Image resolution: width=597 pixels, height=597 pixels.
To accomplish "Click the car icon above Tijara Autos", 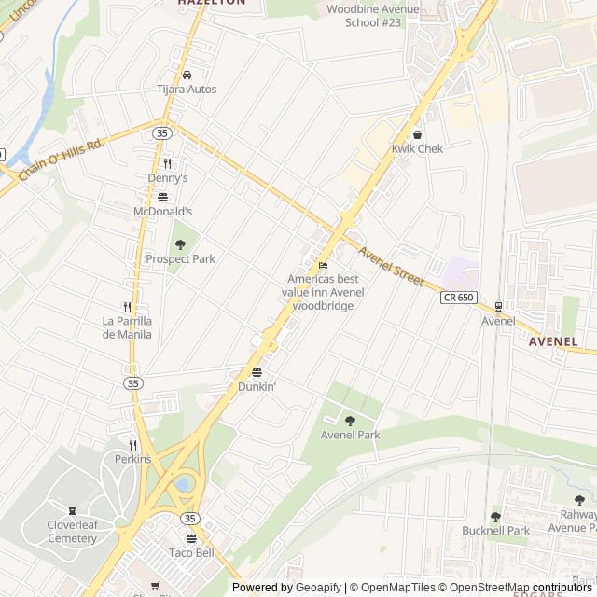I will click(187, 75).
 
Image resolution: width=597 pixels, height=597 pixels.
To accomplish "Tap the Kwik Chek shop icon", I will click(417, 134).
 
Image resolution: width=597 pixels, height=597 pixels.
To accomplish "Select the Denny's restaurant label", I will click(168, 177).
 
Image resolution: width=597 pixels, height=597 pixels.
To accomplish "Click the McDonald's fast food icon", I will click(162, 197).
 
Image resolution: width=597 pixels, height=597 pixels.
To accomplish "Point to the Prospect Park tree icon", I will click(180, 243).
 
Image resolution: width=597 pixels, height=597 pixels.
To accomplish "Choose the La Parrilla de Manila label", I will click(127, 327).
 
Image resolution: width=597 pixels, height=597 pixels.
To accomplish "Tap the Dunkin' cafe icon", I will click(257, 372).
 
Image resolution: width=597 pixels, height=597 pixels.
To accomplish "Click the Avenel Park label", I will click(350, 435).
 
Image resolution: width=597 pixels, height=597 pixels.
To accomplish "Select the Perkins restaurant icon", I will click(132, 445).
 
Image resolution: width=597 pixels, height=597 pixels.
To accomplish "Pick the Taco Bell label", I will click(191, 552).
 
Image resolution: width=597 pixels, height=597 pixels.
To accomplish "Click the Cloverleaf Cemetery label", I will click(72, 531).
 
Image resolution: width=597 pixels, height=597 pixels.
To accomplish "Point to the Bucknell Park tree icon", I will click(495, 516).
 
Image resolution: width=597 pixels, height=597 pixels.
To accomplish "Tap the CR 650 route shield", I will click(458, 297).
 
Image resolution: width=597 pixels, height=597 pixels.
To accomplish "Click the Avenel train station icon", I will click(498, 306).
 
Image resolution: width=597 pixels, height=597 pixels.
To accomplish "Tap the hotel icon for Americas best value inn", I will click(323, 265).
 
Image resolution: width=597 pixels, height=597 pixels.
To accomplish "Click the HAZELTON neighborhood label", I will click(212, 3).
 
